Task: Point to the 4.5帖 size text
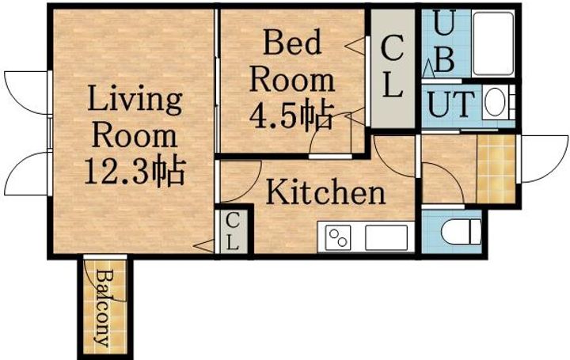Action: point(291,116)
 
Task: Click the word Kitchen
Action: point(325,192)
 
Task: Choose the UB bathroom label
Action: point(444,44)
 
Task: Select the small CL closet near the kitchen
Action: point(232,232)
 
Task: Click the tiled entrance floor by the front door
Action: point(496,168)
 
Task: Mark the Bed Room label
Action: point(291,62)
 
